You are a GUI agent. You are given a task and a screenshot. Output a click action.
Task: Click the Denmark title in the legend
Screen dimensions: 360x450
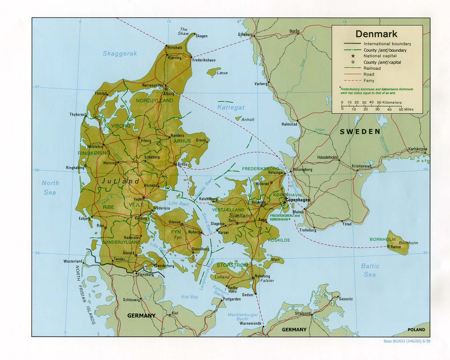[376, 34]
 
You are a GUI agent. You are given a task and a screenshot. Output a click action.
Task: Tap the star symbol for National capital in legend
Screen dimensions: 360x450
[353, 56]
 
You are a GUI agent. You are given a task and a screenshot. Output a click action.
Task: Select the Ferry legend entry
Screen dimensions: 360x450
[369, 81]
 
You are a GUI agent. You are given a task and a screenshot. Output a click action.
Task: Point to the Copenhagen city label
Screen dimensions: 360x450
[298, 200]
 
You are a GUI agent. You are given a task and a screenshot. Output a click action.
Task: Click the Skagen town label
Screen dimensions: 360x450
[201, 36]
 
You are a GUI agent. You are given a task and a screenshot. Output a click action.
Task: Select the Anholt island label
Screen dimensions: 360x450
[248, 120]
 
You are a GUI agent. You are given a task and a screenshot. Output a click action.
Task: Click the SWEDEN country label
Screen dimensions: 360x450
[360, 132]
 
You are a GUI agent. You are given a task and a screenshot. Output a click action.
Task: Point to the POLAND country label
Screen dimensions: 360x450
[416, 330]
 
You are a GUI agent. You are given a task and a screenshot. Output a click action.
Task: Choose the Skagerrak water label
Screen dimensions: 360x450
[120, 54]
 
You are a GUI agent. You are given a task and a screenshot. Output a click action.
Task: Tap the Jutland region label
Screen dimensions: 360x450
[120, 181]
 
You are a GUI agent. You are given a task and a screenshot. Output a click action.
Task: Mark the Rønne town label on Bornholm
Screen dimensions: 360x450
[396, 247]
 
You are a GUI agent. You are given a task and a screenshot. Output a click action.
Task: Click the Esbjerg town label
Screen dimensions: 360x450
[84, 219]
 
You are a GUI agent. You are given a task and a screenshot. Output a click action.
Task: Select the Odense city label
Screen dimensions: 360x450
[174, 222]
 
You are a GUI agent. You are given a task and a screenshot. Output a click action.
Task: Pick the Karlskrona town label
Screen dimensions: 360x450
[418, 149]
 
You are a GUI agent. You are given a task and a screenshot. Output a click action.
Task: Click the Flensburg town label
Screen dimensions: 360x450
[146, 274]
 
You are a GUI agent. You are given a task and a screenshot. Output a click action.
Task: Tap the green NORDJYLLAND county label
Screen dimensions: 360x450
[155, 101]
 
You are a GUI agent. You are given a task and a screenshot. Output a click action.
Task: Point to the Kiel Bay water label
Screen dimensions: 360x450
[190, 297]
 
